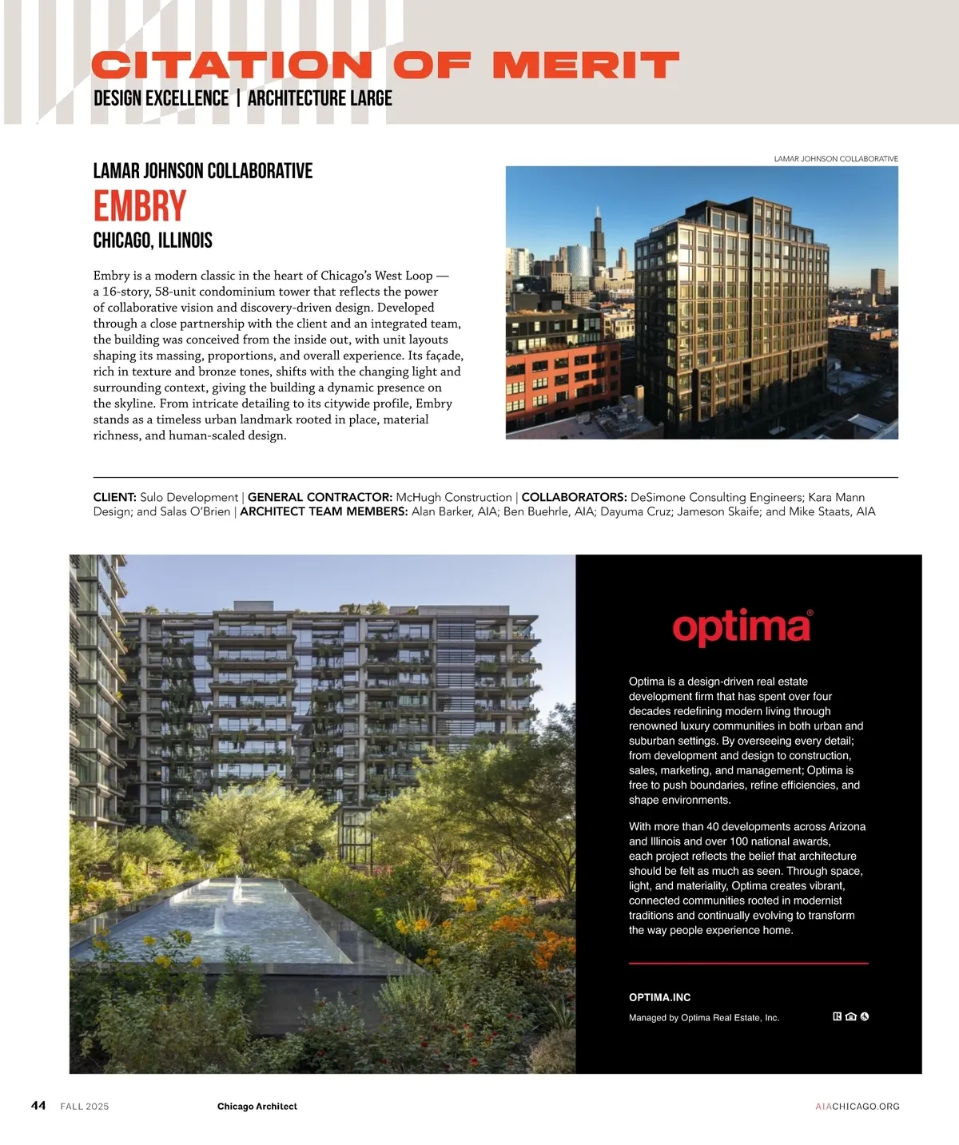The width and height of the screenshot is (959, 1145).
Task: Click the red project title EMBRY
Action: point(140,206)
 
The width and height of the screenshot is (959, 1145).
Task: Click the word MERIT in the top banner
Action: point(585,66)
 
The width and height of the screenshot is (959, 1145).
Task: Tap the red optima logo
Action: point(742,628)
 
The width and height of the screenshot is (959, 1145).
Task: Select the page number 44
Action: point(38,1105)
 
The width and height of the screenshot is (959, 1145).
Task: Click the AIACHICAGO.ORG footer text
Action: point(858,1107)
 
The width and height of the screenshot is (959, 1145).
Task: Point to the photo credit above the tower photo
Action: point(835,159)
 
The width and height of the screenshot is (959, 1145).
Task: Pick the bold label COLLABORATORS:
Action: point(574,497)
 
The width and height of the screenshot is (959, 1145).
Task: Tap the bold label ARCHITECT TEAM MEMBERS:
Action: point(324,511)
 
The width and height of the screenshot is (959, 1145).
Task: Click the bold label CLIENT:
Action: point(115,497)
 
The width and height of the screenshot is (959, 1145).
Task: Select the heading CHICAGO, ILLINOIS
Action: point(153,241)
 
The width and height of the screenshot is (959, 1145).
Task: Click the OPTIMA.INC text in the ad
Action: point(659,997)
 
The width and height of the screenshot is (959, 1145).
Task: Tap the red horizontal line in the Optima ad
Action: point(748,964)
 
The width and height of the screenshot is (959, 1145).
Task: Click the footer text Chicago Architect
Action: point(257,1107)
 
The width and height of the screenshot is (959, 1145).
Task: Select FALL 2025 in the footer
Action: point(85,1107)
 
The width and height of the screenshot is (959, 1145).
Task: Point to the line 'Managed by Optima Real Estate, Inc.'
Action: point(703,1018)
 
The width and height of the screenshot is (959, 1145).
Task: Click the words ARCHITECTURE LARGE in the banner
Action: point(320,99)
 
